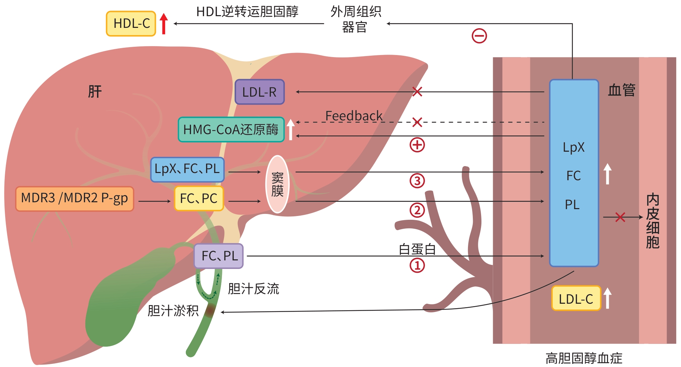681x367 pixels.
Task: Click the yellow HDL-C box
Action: click(131, 23)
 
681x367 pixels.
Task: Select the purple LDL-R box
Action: click(259, 92)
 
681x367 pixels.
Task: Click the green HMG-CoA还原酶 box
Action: click(231, 130)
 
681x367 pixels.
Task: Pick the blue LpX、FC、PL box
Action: click(187, 169)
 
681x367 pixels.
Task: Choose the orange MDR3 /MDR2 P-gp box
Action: click(74, 198)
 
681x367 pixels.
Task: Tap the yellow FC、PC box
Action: click(199, 198)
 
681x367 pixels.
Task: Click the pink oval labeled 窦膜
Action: click(277, 184)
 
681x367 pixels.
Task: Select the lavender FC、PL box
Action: click(219, 256)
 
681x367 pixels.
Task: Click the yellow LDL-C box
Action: click(576, 299)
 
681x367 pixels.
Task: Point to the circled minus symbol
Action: click(479, 36)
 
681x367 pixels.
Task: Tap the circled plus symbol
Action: click(417, 145)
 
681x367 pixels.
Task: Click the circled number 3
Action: click(417, 181)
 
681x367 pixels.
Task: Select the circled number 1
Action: click(417, 266)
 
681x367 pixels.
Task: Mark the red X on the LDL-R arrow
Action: click(417, 91)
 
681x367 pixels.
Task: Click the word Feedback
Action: click(354, 116)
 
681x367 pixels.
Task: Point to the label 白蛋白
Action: click(417, 249)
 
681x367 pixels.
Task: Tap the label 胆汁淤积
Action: click(173, 311)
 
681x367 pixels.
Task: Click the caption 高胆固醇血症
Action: click(584, 358)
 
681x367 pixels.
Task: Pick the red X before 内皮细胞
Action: click(620, 217)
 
